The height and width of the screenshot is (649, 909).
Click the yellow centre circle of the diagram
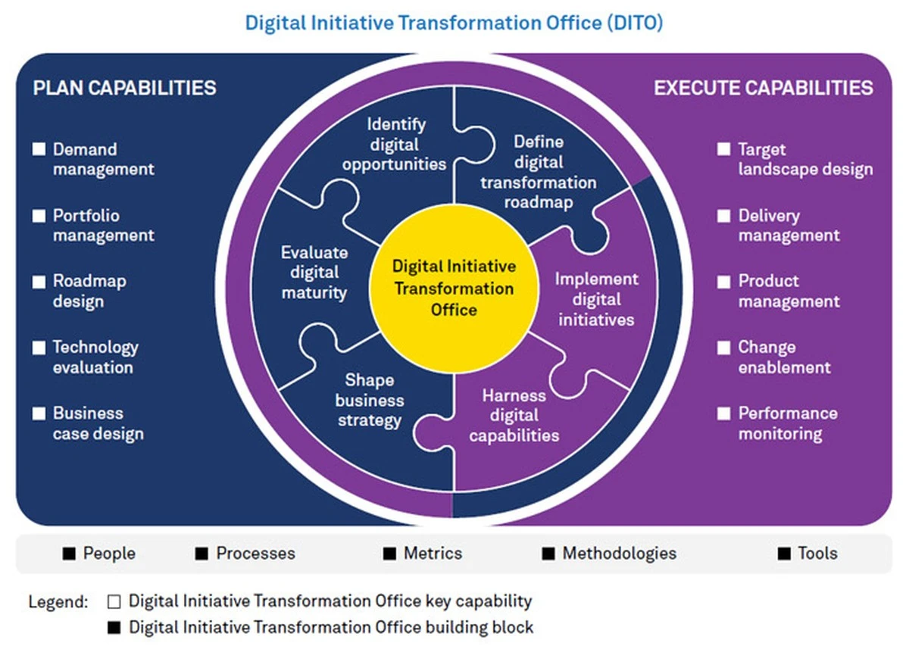(454, 289)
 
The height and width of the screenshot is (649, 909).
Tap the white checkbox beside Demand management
(39, 149)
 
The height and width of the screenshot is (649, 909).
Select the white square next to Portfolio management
(39, 215)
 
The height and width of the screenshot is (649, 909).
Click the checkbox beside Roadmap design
(39, 282)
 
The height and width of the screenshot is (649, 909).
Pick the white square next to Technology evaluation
(39, 348)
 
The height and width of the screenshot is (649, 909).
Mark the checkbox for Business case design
(39, 413)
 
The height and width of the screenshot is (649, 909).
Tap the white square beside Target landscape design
(723, 149)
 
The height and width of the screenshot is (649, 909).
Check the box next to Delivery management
(723, 215)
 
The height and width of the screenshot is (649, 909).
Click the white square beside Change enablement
(723, 348)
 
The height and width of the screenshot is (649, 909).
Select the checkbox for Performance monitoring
(723, 413)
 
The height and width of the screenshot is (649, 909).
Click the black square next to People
(69, 554)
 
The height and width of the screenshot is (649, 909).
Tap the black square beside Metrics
(389, 554)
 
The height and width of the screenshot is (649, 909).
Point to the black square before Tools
(784, 554)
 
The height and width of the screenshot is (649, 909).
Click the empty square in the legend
(114, 601)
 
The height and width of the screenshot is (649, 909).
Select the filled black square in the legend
(114, 628)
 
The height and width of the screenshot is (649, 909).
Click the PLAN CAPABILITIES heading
(124, 88)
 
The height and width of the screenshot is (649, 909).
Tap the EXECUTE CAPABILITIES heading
(764, 88)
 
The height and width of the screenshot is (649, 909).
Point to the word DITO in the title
(635, 23)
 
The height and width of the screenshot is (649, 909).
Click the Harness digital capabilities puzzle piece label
(514, 415)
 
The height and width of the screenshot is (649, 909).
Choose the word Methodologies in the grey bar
(620, 554)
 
